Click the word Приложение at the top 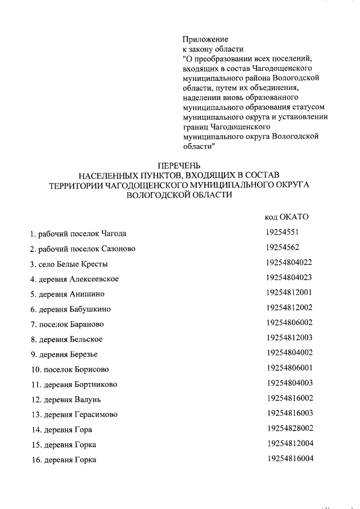[205, 39]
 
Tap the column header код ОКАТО [286, 217]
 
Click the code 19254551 [285, 232]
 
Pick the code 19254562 [285, 247]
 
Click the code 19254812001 [290, 292]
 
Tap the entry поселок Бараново [67, 325]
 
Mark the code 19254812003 [290, 338]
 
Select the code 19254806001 [290, 368]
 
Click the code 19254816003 [290, 414]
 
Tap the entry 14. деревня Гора [61, 430]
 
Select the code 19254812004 [290, 444]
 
